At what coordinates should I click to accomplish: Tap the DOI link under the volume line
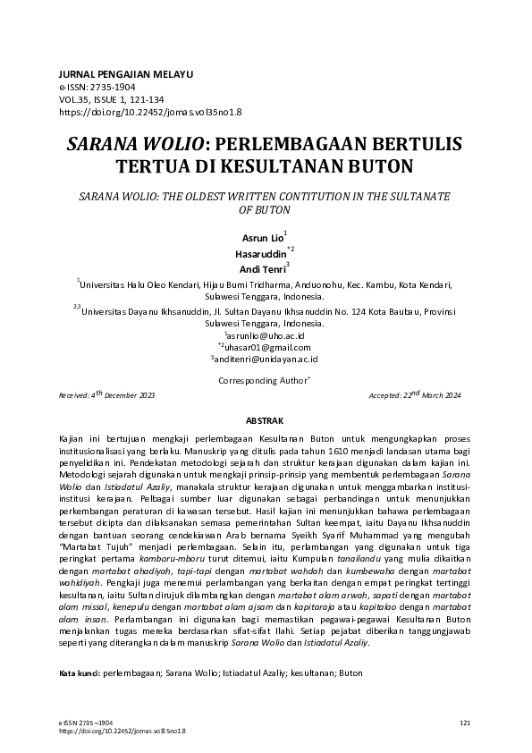coord(149,113)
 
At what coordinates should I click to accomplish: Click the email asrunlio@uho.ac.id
coord(266,334)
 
